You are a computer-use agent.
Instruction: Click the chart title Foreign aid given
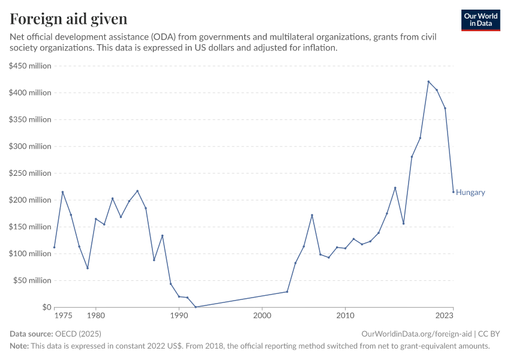pyautogui.click(x=68, y=19)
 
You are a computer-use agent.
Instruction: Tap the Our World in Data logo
pyautogui.click(x=480, y=20)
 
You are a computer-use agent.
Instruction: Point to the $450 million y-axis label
pyautogui.click(x=31, y=66)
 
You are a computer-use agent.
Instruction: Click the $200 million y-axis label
pyautogui.click(x=31, y=200)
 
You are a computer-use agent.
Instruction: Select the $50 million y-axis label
pyautogui.click(x=33, y=280)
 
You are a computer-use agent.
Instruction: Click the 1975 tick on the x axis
pyautogui.click(x=63, y=315)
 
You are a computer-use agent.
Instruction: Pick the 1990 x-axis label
pyautogui.click(x=179, y=315)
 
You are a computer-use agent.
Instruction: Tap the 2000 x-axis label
pyautogui.click(x=262, y=315)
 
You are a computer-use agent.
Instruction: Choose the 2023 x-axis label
pyautogui.click(x=445, y=315)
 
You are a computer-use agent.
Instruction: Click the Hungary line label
pyautogui.click(x=470, y=193)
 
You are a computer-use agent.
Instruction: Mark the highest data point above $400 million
pyautogui.click(x=428, y=82)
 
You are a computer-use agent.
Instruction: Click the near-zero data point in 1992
pyautogui.click(x=196, y=307)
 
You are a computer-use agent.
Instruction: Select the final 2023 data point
pyautogui.click(x=453, y=192)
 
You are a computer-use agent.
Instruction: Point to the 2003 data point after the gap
pyautogui.click(x=287, y=292)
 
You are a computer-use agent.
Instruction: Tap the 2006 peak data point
pyautogui.click(x=312, y=215)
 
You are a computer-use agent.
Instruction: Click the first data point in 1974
pyautogui.click(x=55, y=247)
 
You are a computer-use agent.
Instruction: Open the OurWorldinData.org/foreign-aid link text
pyautogui.click(x=417, y=334)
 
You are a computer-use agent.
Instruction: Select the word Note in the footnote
pyautogui.click(x=19, y=346)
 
